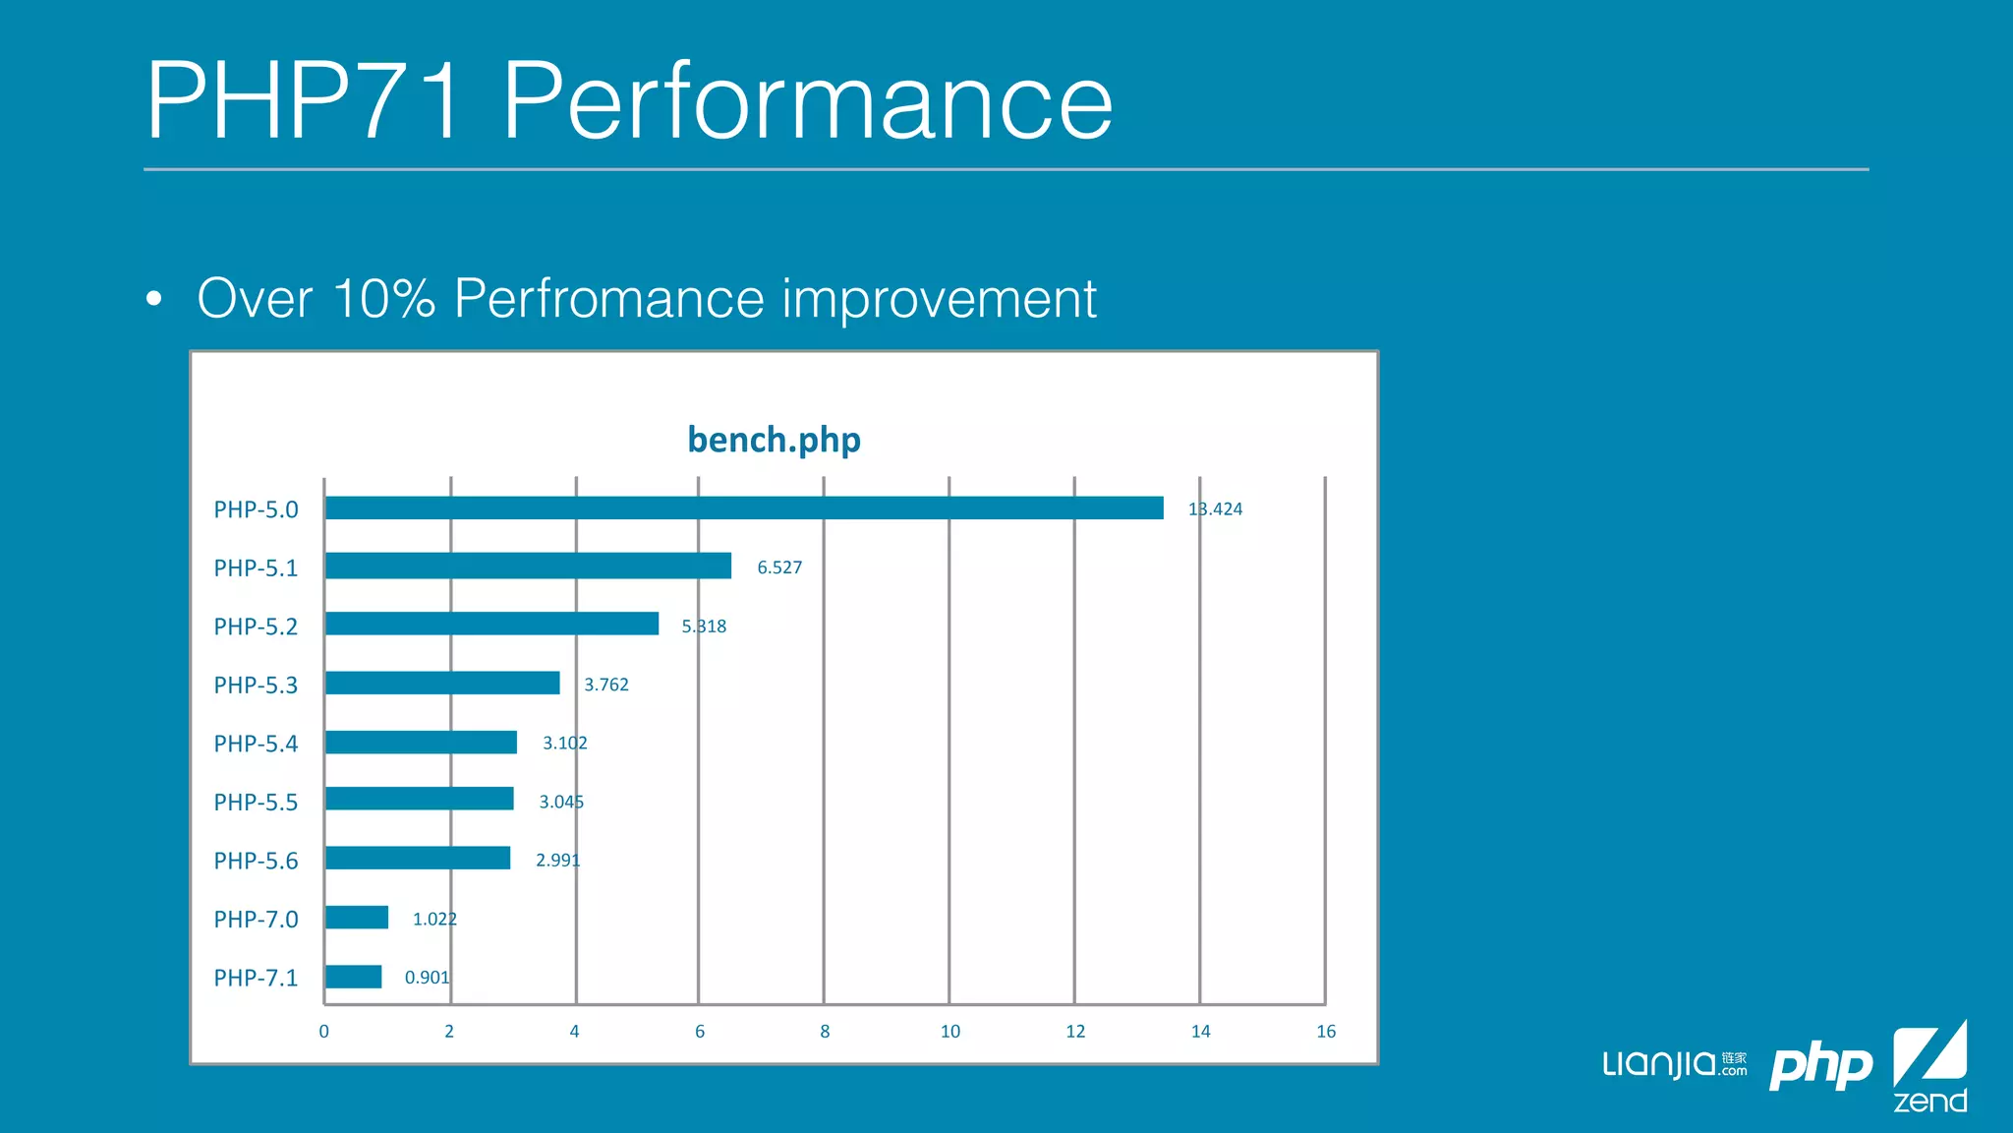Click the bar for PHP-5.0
744,507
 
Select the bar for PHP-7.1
353,977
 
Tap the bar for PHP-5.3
442,683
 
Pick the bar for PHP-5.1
528,566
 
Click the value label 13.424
1215,509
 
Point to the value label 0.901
427,978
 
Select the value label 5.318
704,626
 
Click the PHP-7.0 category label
256,920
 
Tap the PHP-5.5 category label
256,803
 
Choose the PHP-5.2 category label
256,626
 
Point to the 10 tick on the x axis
949,1032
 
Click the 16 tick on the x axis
1326,1032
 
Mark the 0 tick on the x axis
324,1032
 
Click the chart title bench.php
774,440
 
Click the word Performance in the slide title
807,101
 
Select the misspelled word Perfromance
608,298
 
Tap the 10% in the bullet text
383,298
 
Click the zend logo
1929,1068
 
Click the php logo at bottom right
1820,1066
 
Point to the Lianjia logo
1674,1064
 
